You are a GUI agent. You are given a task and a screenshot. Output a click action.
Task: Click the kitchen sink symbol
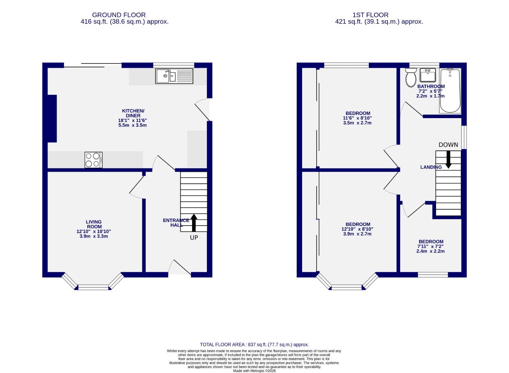(174, 76)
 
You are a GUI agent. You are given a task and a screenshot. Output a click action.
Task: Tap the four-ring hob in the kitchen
(93, 160)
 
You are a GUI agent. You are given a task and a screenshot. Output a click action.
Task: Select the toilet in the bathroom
(411, 78)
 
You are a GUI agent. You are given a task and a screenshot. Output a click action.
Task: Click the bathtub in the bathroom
(450, 91)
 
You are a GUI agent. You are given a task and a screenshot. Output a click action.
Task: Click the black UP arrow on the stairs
(194, 223)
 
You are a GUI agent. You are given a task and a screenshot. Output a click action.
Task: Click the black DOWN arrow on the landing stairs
(448, 159)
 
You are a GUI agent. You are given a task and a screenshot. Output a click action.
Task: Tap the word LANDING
(431, 167)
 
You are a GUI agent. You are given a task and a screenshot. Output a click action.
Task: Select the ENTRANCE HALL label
(176, 223)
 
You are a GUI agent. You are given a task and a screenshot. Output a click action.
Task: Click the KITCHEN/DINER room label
(133, 113)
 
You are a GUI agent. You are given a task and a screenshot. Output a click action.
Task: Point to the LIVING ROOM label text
(94, 224)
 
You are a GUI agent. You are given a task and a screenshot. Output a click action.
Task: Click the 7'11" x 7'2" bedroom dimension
(430, 247)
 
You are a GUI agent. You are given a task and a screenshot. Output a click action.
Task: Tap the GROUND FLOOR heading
(118, 15)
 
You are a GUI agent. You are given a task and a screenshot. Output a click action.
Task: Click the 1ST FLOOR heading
(370, 15)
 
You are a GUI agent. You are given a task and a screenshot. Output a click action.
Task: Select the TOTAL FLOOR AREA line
(254, 344)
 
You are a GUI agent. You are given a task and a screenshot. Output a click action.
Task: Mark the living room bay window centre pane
(93, 287)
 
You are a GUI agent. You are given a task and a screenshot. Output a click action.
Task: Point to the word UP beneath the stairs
(194, 238)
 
